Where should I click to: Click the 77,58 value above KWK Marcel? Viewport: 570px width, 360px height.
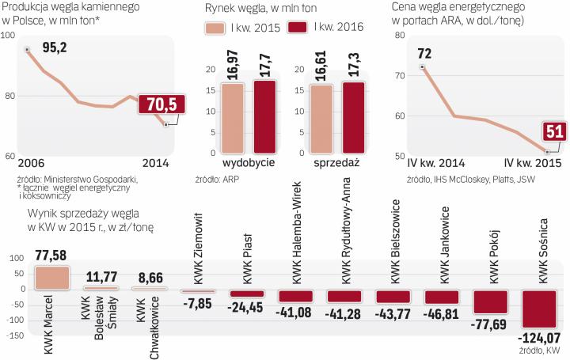pos(52,255)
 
